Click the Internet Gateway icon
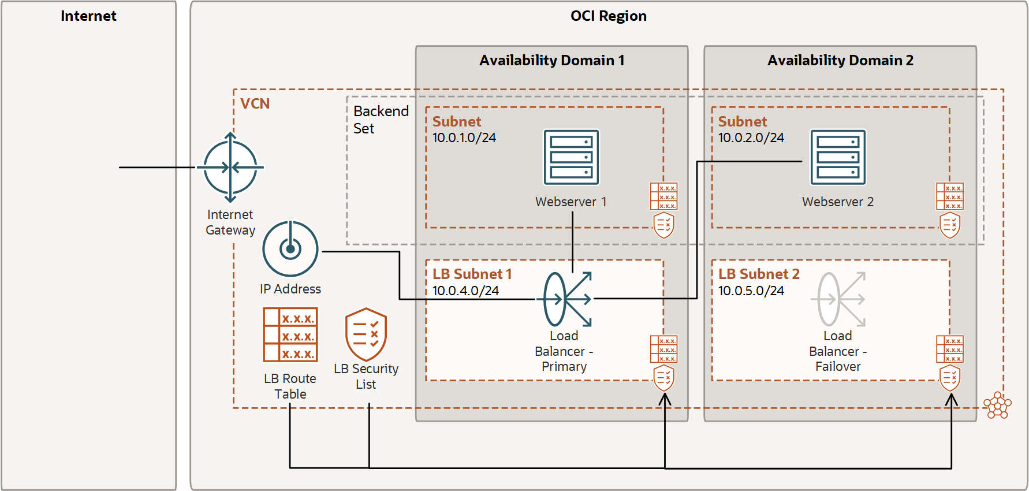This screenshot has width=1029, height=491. (230, 168)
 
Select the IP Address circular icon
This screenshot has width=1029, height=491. (290, 249)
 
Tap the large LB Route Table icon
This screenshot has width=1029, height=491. (290, 334)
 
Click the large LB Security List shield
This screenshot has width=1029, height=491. (366, 334)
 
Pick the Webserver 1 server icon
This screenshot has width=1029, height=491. (571, 157)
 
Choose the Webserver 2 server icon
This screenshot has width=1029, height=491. (838, 157)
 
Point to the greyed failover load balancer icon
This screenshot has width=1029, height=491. (838, 299)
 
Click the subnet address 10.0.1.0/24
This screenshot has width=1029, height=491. (464, 138)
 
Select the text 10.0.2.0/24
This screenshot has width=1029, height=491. (751, 138)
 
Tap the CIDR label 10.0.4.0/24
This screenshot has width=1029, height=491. (465, 291)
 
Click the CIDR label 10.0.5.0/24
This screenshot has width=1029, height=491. (751, 291)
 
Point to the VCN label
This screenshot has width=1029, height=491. (255, 104)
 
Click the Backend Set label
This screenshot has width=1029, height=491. (380, 120)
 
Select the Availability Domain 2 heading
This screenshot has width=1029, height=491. (840, 61)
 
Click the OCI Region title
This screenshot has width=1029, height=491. (608, 16)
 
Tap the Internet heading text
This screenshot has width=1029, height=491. (88, 16)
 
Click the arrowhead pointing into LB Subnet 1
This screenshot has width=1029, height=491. (665, 399)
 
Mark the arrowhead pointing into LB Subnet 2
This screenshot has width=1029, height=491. (951, 399)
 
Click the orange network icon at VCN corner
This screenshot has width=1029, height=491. (997, 405)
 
